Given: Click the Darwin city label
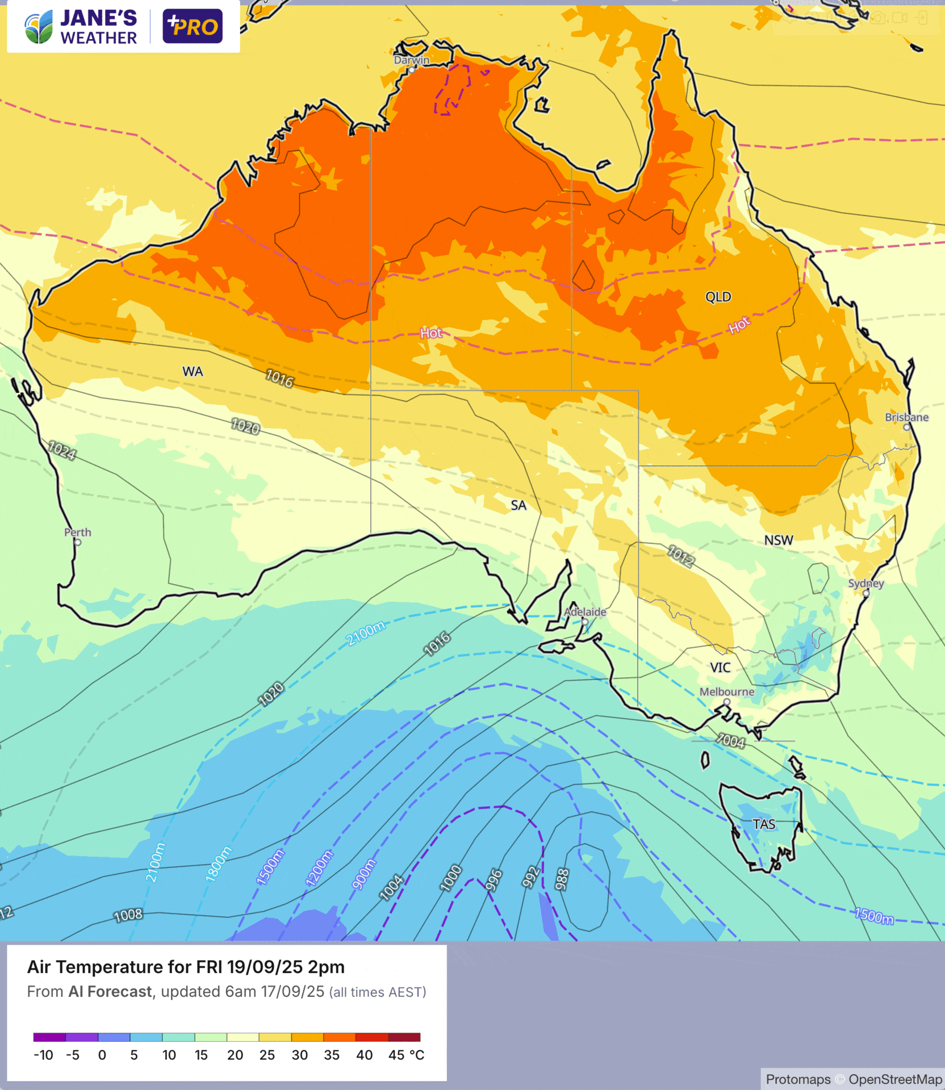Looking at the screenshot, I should (x=411, y=60).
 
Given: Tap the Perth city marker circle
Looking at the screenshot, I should (x=78, y=542).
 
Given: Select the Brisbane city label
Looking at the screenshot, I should (x=906, y=417).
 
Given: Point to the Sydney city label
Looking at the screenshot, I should (x=865, y=583).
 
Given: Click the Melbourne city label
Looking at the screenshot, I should (x=726, y=691).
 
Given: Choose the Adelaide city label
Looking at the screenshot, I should (x=585, y=611).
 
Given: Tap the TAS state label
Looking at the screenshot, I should (x=764, y=824).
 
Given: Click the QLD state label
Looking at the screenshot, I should (x=718, y=297).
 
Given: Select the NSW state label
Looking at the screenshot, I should (x=778, y=540).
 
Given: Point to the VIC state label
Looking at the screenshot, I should (x=720, y=667).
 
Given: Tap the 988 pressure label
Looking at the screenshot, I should (x=562, y=879).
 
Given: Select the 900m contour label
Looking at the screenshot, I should (x=364, y=873).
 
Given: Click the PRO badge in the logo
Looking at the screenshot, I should (x=193, y=26).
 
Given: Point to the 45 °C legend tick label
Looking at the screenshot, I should (x=406, y=1055).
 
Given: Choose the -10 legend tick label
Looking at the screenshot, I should (x=43, y=1055).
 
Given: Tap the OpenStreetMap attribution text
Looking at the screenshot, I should (x=895, y=1079).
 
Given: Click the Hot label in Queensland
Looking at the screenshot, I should (x=739, y=326).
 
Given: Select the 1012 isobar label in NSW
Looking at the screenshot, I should (x=680, y=556).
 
